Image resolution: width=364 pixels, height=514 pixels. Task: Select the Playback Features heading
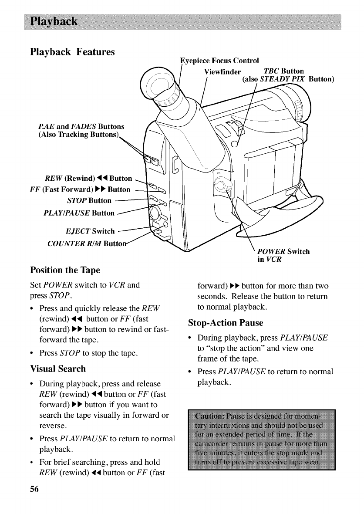[x=72, y=52]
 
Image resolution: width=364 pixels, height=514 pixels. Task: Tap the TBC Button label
[x=284, y=71]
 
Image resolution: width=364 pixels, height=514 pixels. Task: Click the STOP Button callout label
[x=89, y=201]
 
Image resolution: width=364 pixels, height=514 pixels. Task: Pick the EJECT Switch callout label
[x=90, y=231]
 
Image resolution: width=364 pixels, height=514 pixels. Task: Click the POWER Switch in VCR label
[x=283, y=255]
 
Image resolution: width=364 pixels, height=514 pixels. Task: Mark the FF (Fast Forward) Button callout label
[x=80, y=189]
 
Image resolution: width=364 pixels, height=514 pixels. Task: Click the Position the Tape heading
[x=65, y=270]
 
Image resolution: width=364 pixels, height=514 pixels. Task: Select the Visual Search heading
[x=58, y=369]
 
